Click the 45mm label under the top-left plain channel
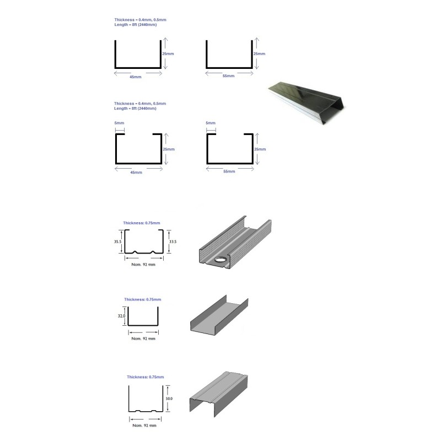[x=136, y=77]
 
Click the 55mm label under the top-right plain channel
[x=228, y=76]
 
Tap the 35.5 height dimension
[x=117, y=241]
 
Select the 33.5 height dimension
[x=173, y=241]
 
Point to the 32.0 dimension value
[x=121, y=316]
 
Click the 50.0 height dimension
[x=169, y=399]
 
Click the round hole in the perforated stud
[x=222, y=260]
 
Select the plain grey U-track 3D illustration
[x=219, y=315]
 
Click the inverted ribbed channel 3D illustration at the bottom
[x=218, y=394]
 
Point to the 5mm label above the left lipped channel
[x=119, y=123]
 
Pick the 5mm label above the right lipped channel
[x=211, y=123]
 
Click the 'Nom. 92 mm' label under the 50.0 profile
[x=144, y=425]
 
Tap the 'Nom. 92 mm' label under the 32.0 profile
[x=143, y=338]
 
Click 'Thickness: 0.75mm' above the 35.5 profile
[x=142, y=223]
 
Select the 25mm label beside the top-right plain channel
[x=259, y=53]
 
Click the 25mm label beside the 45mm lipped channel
[x=169, y=149]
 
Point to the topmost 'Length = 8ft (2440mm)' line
[x=136, y=25]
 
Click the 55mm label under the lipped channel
[x=229, y=171]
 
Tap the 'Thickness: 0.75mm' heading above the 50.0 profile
[x=145, y=377]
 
